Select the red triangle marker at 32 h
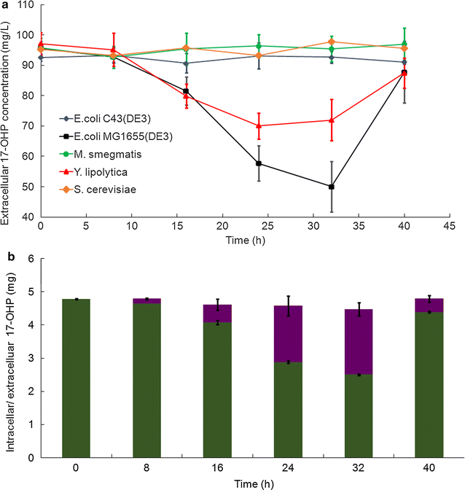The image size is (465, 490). coord(332,120)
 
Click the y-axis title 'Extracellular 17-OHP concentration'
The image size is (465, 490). coord(8,109)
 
